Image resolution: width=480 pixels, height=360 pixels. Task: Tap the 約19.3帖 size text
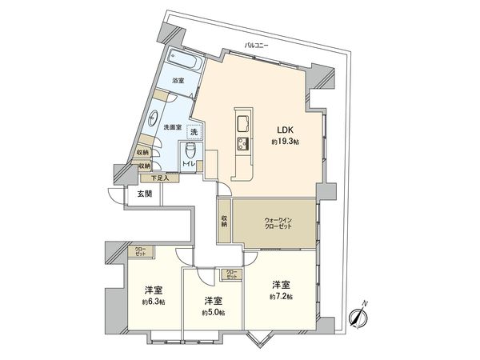pos(286,142)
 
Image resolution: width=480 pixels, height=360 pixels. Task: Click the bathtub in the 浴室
pos(186,62)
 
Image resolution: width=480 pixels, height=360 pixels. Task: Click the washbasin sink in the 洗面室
pos(154,115)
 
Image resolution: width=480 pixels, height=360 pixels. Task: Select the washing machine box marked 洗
pos(194,132)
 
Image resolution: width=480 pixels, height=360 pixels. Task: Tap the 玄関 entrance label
pos(143,194)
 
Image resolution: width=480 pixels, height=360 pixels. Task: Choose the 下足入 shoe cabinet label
pos(150,178)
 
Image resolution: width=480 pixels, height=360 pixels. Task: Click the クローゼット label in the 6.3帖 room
pos(140,252)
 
